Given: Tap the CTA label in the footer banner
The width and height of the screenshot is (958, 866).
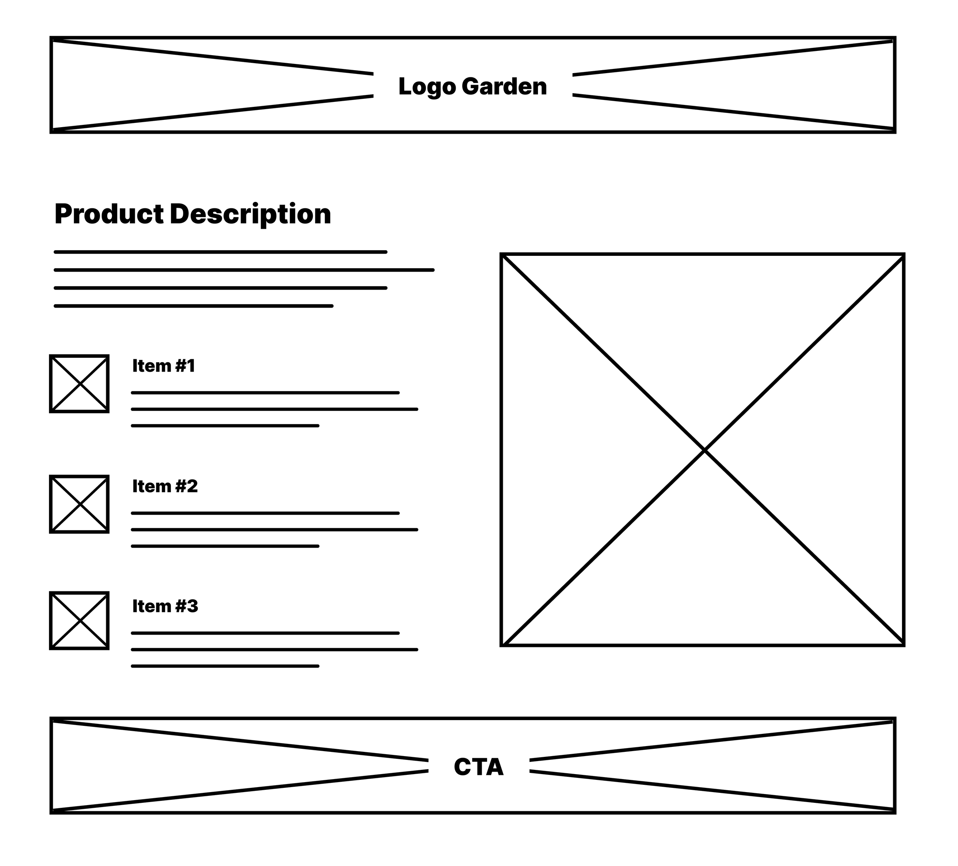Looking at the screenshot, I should tap(479, 767).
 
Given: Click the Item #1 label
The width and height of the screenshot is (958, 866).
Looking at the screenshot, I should tap(164, 366).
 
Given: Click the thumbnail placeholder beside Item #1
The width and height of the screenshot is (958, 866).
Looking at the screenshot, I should tap(79, 383).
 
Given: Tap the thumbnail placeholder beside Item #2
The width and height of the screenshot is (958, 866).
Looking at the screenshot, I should tap(79, 504).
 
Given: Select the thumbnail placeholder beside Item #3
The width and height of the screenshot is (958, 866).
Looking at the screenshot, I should tap(79, 620).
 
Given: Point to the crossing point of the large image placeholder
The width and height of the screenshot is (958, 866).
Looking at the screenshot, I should tap(704, 449).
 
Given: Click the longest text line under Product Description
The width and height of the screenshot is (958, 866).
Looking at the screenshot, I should tap(244, 270).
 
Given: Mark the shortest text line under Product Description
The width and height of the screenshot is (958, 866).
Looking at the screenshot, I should tap(194, 306).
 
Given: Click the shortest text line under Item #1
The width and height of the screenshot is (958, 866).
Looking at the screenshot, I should tap(225, 426).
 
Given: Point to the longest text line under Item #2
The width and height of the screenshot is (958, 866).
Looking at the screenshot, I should tap(274, 529).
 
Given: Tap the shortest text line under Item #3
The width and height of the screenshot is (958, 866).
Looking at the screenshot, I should tap(225, 666).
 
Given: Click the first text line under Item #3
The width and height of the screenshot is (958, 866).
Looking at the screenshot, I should tap(265, 633).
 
